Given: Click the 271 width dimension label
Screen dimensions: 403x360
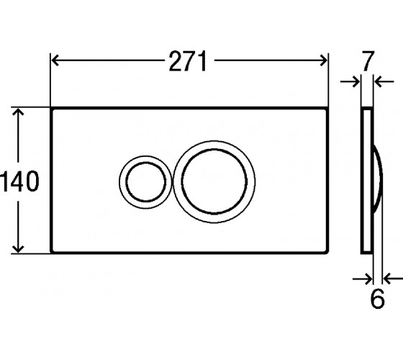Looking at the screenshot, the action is pos(188,61).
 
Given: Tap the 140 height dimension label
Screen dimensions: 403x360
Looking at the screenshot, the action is pos(19,181).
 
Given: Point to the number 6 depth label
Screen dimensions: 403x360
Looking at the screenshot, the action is pos(377,299).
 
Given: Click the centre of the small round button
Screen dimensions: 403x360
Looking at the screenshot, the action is pos(145,182).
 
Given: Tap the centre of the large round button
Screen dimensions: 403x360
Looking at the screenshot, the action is pos(214,181).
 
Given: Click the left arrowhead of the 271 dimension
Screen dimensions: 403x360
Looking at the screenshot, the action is pos(55,60).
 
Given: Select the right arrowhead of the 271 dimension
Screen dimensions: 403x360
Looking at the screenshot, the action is pos(323,60).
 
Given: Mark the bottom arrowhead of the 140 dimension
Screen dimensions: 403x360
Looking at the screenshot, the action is pos(18,248).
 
